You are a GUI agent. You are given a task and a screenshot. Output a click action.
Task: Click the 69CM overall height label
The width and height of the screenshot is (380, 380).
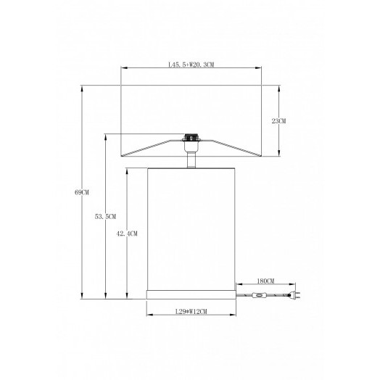82,192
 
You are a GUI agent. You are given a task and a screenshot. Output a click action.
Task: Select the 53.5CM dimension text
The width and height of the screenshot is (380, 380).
105,217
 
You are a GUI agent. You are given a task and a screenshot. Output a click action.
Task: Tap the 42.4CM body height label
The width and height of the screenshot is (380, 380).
127,234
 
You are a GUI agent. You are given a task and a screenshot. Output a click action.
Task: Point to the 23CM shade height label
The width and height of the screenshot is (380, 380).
278,121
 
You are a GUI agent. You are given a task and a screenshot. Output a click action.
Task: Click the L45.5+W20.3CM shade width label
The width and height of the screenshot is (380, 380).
191,65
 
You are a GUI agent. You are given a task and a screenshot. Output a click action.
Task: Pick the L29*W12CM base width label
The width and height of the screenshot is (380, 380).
191,311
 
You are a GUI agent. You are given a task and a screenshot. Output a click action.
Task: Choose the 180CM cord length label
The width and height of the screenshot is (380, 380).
265,281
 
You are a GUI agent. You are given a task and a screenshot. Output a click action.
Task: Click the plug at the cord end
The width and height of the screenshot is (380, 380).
295,295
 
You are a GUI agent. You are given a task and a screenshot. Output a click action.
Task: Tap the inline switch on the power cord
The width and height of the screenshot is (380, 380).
260,295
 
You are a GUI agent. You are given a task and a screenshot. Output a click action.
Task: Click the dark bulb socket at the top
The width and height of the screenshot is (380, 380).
191,137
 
